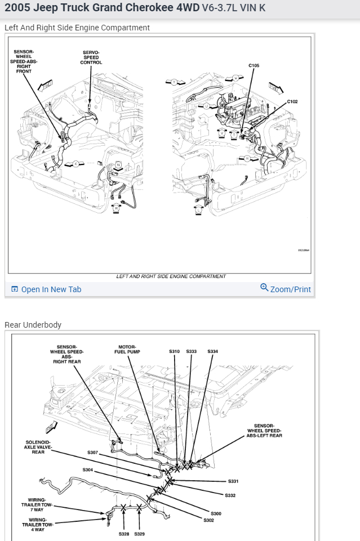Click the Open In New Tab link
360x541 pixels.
(x=51, y=289)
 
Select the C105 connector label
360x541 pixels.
(x=254, y=66)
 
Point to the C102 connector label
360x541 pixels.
(x=292, y=101)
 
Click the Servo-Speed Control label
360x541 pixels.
(x=91, y=57)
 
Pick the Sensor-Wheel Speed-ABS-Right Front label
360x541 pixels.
(x=24, y=61)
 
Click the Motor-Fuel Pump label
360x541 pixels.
(x=127, y=349)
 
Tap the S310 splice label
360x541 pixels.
(x=174, y=351)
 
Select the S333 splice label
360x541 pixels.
(x=192, y=351)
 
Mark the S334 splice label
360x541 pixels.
(x=212, y=351)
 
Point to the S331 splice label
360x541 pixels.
(x=233, y=481)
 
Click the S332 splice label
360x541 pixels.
(x=230, y=495)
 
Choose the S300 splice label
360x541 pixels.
(x=216, y=513)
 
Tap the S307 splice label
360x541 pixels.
(x=93, y=452)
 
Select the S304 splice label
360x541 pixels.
(x=88, y=470)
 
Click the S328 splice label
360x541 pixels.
(x=123, y=534)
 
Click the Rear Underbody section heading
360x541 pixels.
(x=33, y=325)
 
